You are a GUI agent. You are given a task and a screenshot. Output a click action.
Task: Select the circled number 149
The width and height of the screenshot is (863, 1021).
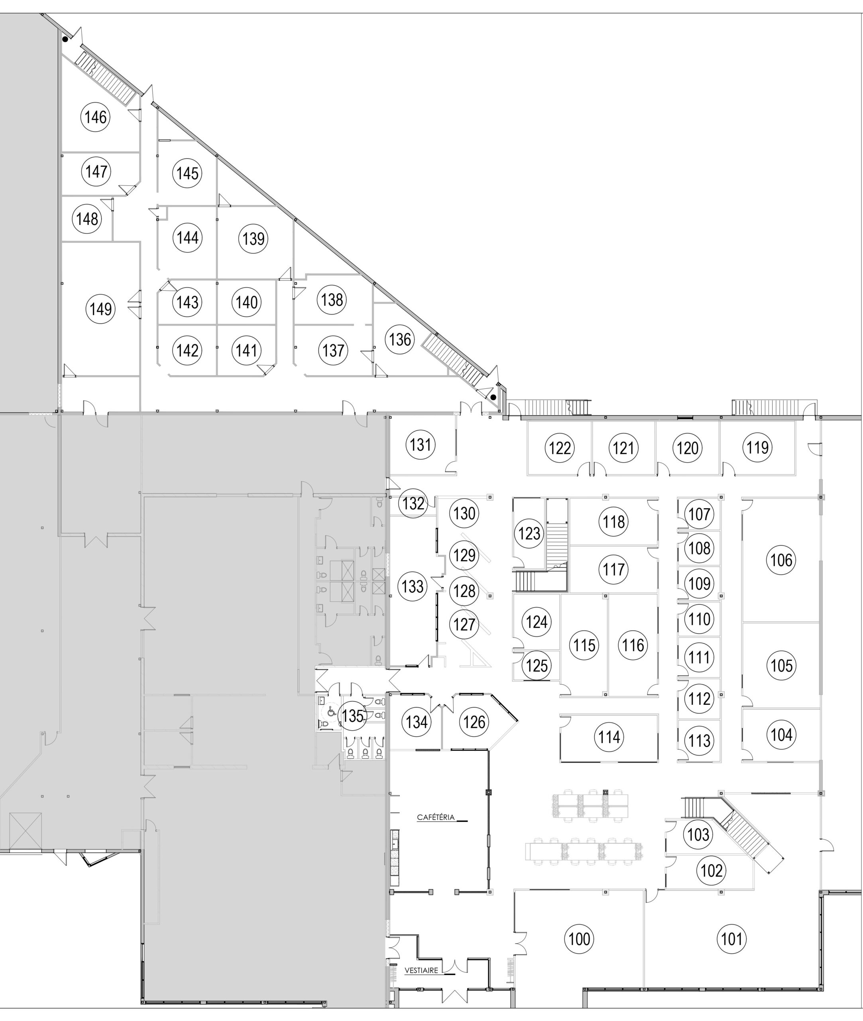tap(101, 309)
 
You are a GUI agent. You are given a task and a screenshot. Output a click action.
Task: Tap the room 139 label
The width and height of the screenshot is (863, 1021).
tap(254, 238)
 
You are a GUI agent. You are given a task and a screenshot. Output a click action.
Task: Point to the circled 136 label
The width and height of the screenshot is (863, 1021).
tap(400, 339)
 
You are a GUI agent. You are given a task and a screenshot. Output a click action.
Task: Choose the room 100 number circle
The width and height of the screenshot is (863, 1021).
tap(580, 939)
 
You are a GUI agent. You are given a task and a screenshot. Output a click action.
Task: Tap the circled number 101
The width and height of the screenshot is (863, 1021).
tap(732, 939)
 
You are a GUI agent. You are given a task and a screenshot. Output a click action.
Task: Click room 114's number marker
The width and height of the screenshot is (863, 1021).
tap(609, 737)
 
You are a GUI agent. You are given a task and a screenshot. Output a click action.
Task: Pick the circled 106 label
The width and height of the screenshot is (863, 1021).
tap(781, 560)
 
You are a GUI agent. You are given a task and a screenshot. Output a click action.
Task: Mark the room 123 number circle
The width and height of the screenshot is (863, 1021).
tap(529, 533)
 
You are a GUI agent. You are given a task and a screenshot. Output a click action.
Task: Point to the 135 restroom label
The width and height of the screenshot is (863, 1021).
tap(353, 715)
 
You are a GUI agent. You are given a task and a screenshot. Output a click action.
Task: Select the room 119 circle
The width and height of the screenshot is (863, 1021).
tap(757, 447)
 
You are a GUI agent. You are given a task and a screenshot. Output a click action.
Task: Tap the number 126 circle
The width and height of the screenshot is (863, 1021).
tap(474, 722)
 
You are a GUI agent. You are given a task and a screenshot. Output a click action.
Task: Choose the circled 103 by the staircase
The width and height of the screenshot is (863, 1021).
tap(698, 834)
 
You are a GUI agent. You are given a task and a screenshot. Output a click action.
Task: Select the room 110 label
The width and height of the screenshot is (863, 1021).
tap(699, 619)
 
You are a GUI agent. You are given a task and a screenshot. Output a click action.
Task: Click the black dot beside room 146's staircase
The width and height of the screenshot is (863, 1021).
tap(65, 39)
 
